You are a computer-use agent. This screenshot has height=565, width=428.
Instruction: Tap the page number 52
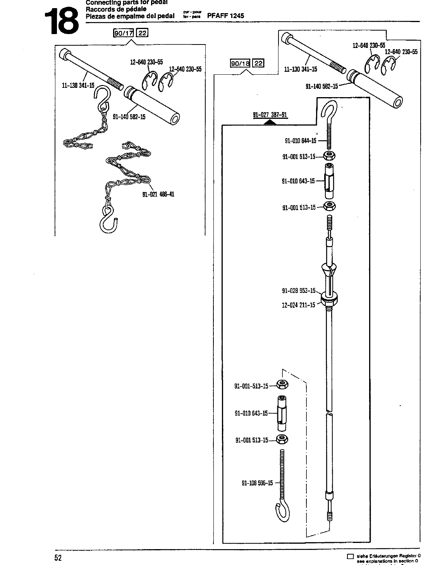pos(58,558)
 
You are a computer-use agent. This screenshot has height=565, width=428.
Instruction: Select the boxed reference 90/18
pos(241,63)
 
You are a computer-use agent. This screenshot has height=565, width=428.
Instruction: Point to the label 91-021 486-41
pos(158,194)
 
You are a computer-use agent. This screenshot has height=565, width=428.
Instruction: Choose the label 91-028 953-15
pos(299,291)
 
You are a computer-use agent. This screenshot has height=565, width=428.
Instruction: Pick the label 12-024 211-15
pos(298,305)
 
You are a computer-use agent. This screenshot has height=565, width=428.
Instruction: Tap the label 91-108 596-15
pos(257,483)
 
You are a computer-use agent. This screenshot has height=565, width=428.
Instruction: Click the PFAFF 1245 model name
pos(226,16)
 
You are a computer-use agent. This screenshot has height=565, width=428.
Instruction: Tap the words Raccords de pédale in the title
pos(110,9)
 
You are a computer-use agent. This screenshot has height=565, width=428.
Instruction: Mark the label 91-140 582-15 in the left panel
pos(129,117)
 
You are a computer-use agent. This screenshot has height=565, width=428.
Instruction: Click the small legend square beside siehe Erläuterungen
pos(351,556)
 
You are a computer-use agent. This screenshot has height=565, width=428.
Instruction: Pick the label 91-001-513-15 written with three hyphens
pos(251,386)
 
